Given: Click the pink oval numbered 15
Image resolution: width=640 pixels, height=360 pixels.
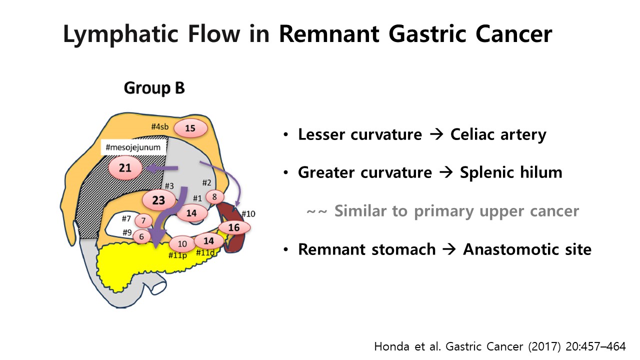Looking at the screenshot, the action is coord(190,128).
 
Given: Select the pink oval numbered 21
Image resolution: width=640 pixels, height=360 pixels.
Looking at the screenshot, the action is coord(125,167).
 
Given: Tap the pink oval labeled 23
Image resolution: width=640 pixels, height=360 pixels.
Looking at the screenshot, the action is coord(159,200).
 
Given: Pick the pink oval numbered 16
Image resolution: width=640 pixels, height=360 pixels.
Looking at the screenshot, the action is coord(234,227).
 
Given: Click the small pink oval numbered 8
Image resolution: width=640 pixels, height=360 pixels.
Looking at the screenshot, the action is coord(214,196).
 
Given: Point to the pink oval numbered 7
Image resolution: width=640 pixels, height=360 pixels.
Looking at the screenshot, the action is coord(143,220).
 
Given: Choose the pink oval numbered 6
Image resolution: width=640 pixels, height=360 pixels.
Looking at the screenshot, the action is coord(141,236).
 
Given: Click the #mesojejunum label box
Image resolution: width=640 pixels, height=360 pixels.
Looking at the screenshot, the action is coord(133,147).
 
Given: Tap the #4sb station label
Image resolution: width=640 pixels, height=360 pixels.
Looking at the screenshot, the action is coord(160,126).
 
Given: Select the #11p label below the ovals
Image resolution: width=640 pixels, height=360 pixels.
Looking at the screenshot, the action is coord(177,255).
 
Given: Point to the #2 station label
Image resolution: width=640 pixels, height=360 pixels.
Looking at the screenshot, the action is coord(206,182).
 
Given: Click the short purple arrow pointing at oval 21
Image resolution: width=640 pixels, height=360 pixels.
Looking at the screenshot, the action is coord(161,168).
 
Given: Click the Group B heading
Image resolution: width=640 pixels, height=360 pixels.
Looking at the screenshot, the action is coord(154,87).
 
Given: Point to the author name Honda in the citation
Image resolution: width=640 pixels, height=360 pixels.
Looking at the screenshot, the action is coord(392,346).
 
